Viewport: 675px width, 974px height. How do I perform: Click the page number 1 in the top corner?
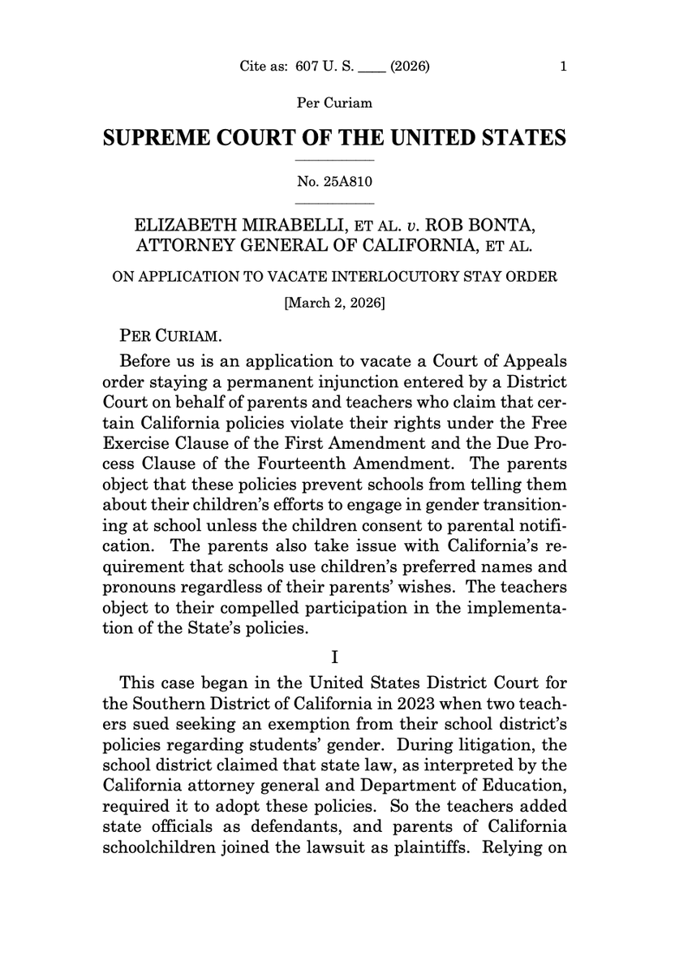(x=563, y=67)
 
